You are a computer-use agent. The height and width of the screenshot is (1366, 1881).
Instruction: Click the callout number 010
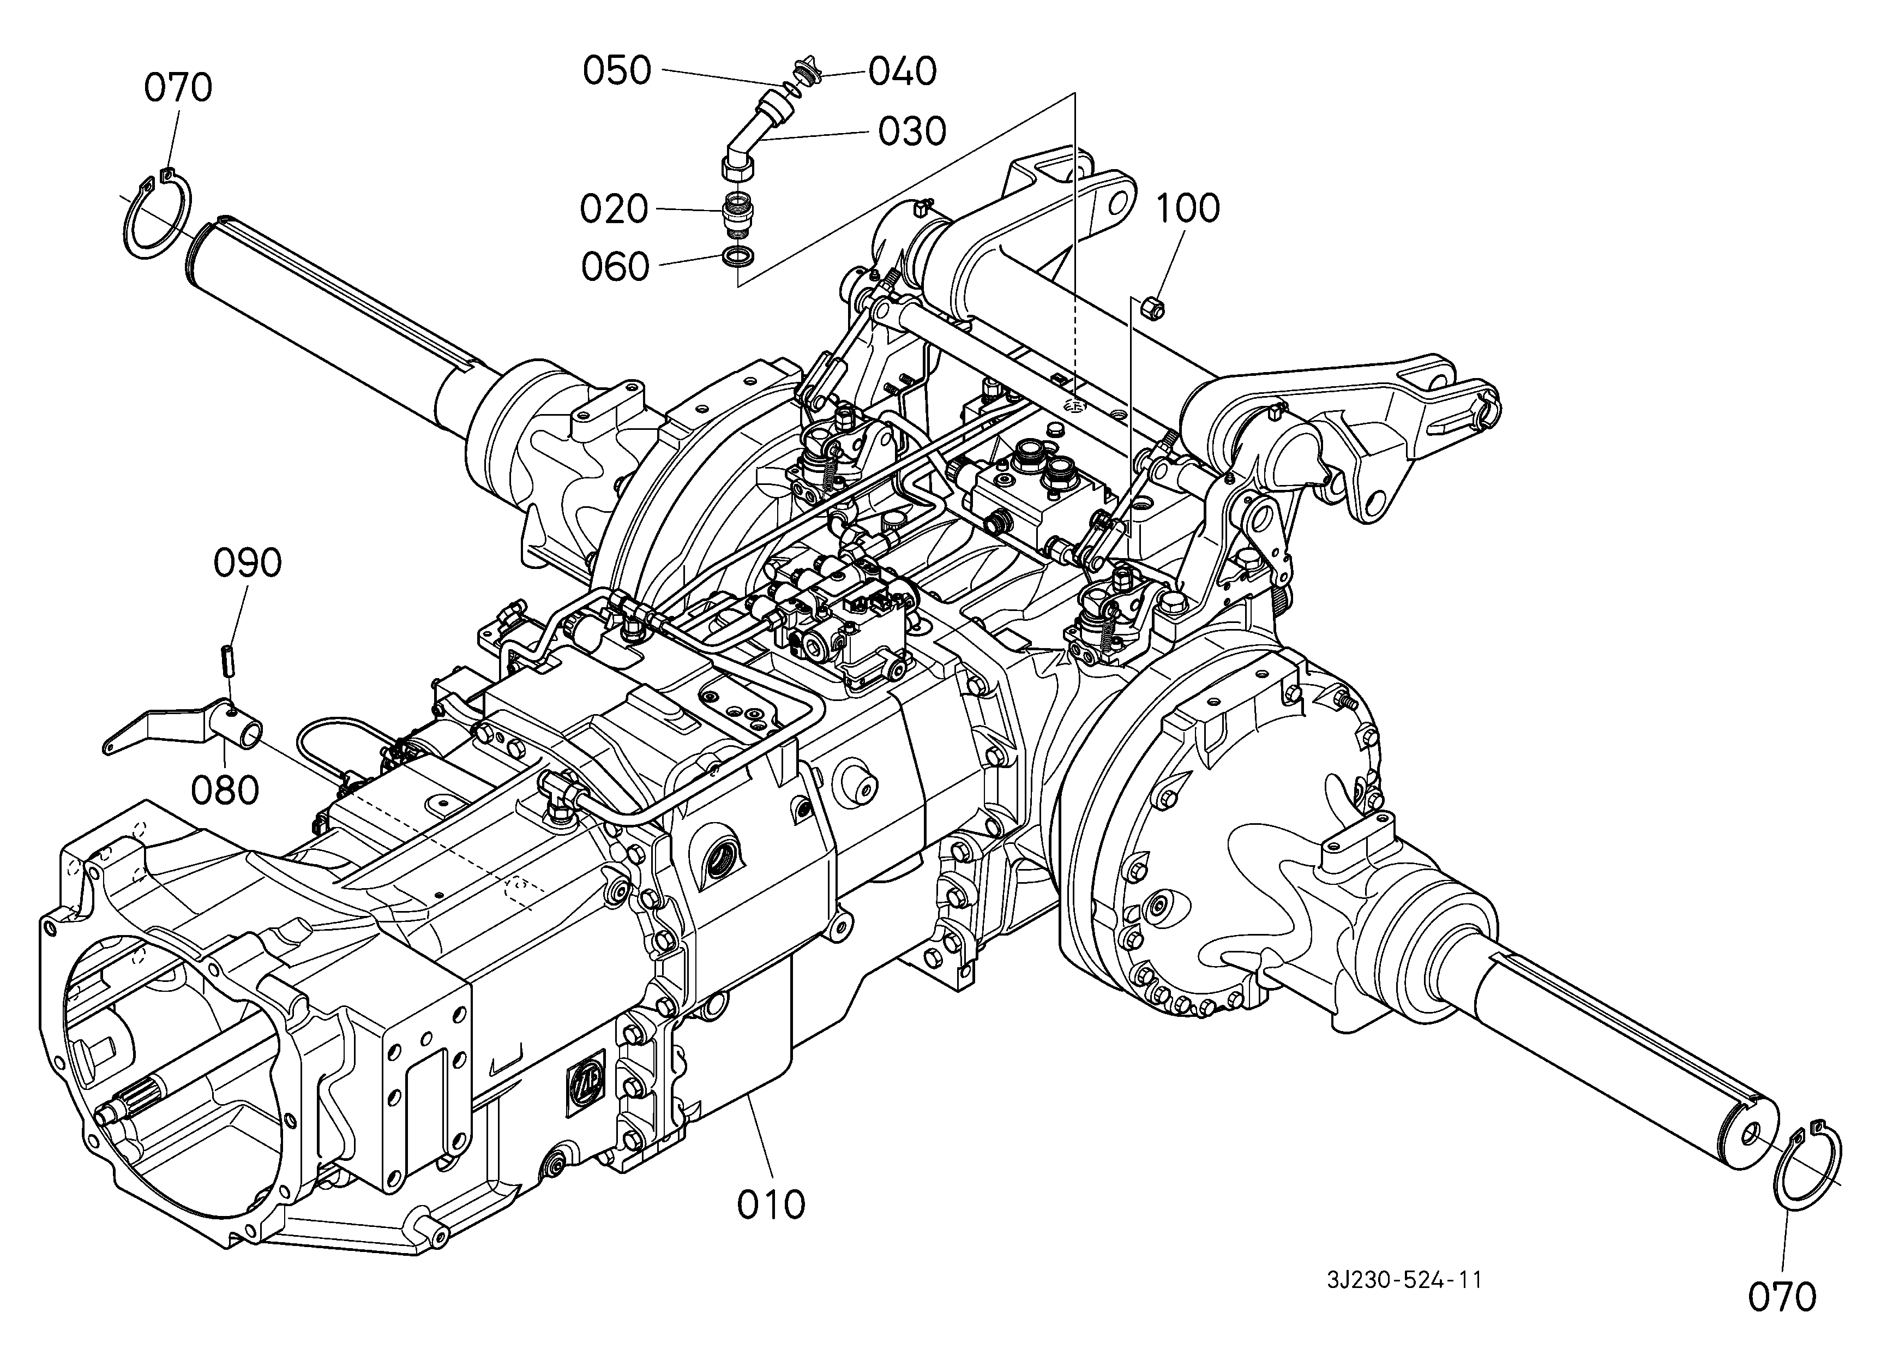tap(771, 1205)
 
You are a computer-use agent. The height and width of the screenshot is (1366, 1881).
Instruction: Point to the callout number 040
tap(903, 71)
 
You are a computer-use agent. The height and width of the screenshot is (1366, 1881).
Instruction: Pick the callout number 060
tap(615, 267)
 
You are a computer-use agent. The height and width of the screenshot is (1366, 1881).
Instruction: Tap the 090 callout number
tap(248, 564)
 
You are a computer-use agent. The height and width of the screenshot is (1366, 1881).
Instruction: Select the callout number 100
tap(1188, 209)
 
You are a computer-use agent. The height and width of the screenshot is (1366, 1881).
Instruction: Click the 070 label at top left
tap(178, 88)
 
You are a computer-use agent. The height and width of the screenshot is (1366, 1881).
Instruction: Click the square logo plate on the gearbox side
tap(586, 1081)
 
